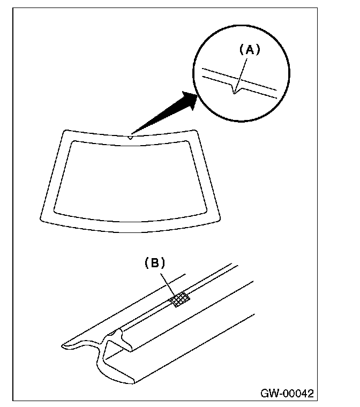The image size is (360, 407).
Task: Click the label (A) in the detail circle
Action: (249, 50)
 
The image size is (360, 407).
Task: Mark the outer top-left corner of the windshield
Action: (64, 131)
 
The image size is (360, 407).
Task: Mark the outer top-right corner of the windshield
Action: (197, 131)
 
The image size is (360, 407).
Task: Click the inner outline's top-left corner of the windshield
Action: (73, 141)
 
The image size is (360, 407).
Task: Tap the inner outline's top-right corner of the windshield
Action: (188, 141)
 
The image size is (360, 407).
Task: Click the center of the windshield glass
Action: (130, 179)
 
